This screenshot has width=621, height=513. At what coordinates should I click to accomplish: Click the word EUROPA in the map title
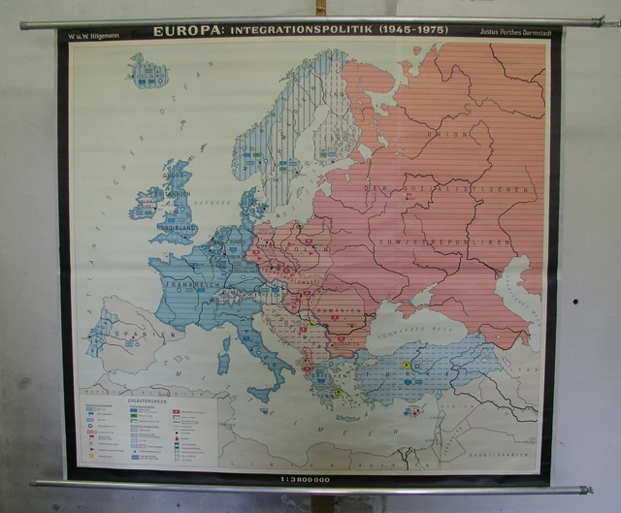(179, 31)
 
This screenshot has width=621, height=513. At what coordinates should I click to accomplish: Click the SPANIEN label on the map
(137, 336)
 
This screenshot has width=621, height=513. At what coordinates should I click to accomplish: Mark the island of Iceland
(147, 72)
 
